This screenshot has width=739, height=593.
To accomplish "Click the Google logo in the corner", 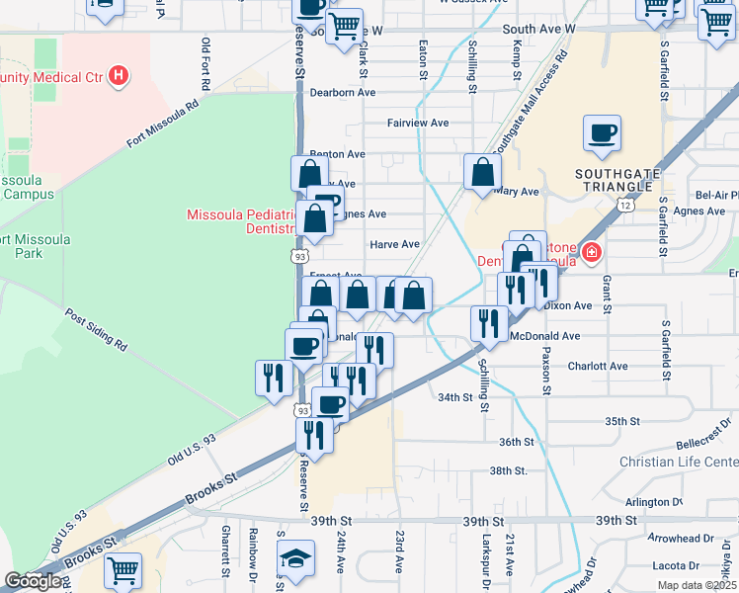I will point(33,582).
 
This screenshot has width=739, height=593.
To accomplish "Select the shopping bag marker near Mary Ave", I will point(480,171).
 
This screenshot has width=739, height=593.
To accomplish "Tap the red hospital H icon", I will point(119,74).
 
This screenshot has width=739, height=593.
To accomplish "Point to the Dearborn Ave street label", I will point(343,92).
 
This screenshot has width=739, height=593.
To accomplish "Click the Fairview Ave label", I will point(418,124).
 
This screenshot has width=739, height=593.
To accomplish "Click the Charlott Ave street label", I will point(598,366).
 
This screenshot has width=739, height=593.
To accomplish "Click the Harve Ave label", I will point(394,244).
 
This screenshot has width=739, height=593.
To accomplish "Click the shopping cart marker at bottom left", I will point(123,569).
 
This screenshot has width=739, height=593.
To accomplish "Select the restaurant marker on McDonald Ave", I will point(489,322).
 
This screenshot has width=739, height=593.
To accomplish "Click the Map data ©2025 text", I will point(697,585).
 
